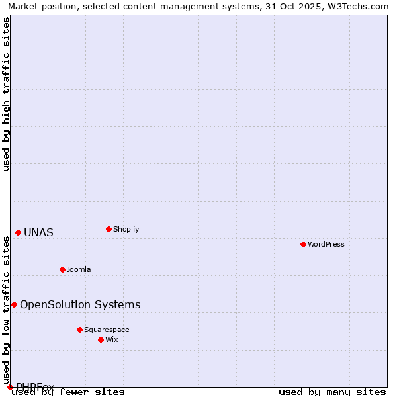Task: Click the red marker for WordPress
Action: [x=303, y=244]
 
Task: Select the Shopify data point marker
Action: [x=109, y=229]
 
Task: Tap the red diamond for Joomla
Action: [x=62, y=269]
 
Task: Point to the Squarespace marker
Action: [x=79, y=330]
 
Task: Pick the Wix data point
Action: [x=101, y=339]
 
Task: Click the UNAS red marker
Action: [x=18, y=232]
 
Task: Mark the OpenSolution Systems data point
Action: [x=14, y=304]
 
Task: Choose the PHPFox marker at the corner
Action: [x=10, y=387]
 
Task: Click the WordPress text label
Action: [x=326, y=244]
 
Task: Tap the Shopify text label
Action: [x=126, y=229]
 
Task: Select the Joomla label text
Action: [x=79, y=269]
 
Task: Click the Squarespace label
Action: [x=107, y=330]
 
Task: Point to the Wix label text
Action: [x=112, y=339]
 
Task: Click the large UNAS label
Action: [x=38, y=232]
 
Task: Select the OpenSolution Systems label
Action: [x=80, y=304]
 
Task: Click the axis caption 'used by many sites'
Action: [x=331, y=392]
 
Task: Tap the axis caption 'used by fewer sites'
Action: [x=69, y=392]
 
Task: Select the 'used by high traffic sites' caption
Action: [x=6, y=94]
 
